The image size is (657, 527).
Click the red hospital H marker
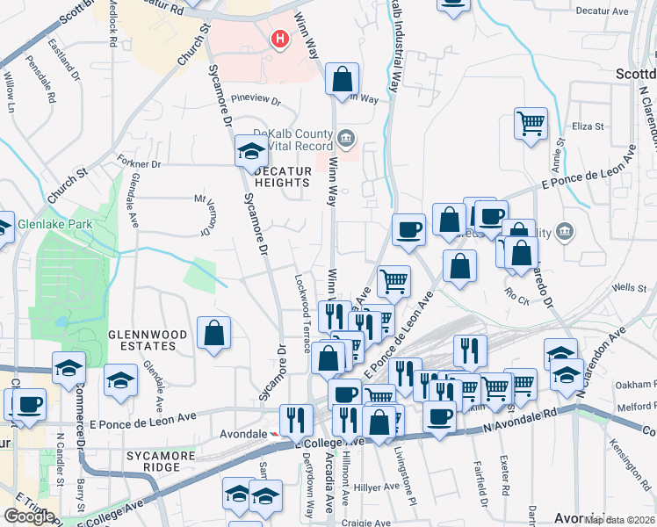pos(280,40)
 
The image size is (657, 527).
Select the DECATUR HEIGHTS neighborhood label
pos(281,176)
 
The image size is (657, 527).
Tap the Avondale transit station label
pos(243,435)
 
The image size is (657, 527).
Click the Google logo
pos(29,516)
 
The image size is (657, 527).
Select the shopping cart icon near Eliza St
pos(531,126)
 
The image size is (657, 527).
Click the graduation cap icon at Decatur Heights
pos(251,153)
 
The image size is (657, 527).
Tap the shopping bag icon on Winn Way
pos(342,79)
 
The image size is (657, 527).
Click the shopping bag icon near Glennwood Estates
pos(214,334)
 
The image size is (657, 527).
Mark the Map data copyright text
pos(618,520)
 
